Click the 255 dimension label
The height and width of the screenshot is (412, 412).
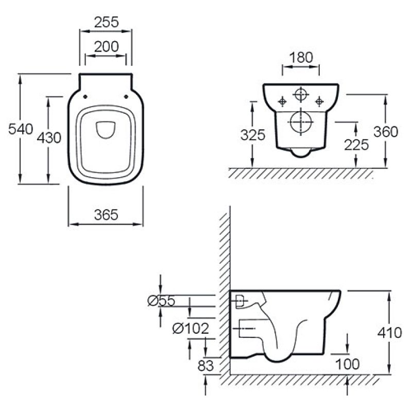click(107, 22)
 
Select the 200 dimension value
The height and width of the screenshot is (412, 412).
click(107, 47)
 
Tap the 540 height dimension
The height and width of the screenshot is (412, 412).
click(21, 129)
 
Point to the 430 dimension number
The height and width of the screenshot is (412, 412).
click(49, 138)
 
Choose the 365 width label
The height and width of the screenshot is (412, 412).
click(106, 215)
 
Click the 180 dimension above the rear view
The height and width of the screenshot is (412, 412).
click(301, 58)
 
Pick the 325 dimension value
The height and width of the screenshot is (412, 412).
click(253, 135)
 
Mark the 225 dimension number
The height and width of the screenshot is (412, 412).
click(356, 145)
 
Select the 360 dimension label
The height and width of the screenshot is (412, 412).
click(386, 132)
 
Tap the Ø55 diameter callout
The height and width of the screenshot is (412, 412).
click(161, 301)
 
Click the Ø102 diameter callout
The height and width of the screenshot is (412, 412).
click(191, 329)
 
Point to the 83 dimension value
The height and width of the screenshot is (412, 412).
click(205, 366)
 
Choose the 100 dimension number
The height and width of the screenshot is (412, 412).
click(348, 364)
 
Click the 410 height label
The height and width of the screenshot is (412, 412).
click(390, 333)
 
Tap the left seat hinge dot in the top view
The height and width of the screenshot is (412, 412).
click(85, 97)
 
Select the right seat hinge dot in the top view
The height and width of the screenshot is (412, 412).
click(126, 97)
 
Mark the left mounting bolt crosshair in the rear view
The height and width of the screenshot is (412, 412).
click(282, 101)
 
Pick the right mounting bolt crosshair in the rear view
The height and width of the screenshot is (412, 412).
click(319, 101)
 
